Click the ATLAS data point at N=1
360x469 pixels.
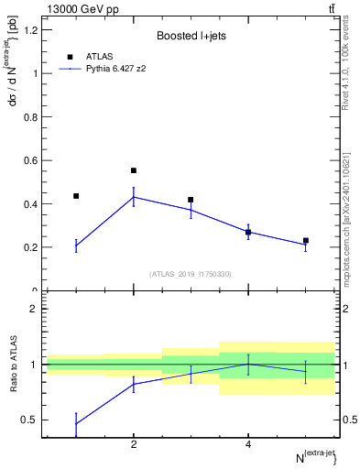pyautogui.click(x=76, y=196)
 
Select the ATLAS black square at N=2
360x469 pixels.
pyautogui.click(x=134, y=170)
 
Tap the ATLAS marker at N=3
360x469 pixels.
pyautogui.click(x=191, y=200)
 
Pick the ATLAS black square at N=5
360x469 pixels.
pyautogui.click(x=306, y=241)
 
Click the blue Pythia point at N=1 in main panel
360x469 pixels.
pyautogui.click(x=76, y=245)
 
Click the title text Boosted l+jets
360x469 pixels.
pyautogui.click(x=191, y=37)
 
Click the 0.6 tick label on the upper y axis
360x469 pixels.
pyautogui.click(x=29, y=160)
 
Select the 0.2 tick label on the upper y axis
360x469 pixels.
pyautogui.click(x=29, y=247)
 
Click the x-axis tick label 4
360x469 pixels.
pyautogui.click(x=248, y=444)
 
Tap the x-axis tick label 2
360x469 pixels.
pyautogui.click(x=134, y=444)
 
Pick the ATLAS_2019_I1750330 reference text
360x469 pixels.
pyautogui.click(x=191, y=274)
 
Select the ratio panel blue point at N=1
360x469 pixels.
pyautogui.click(x=76, y=423)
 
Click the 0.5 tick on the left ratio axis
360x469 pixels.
pyautogui.click(x=29, y=420)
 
